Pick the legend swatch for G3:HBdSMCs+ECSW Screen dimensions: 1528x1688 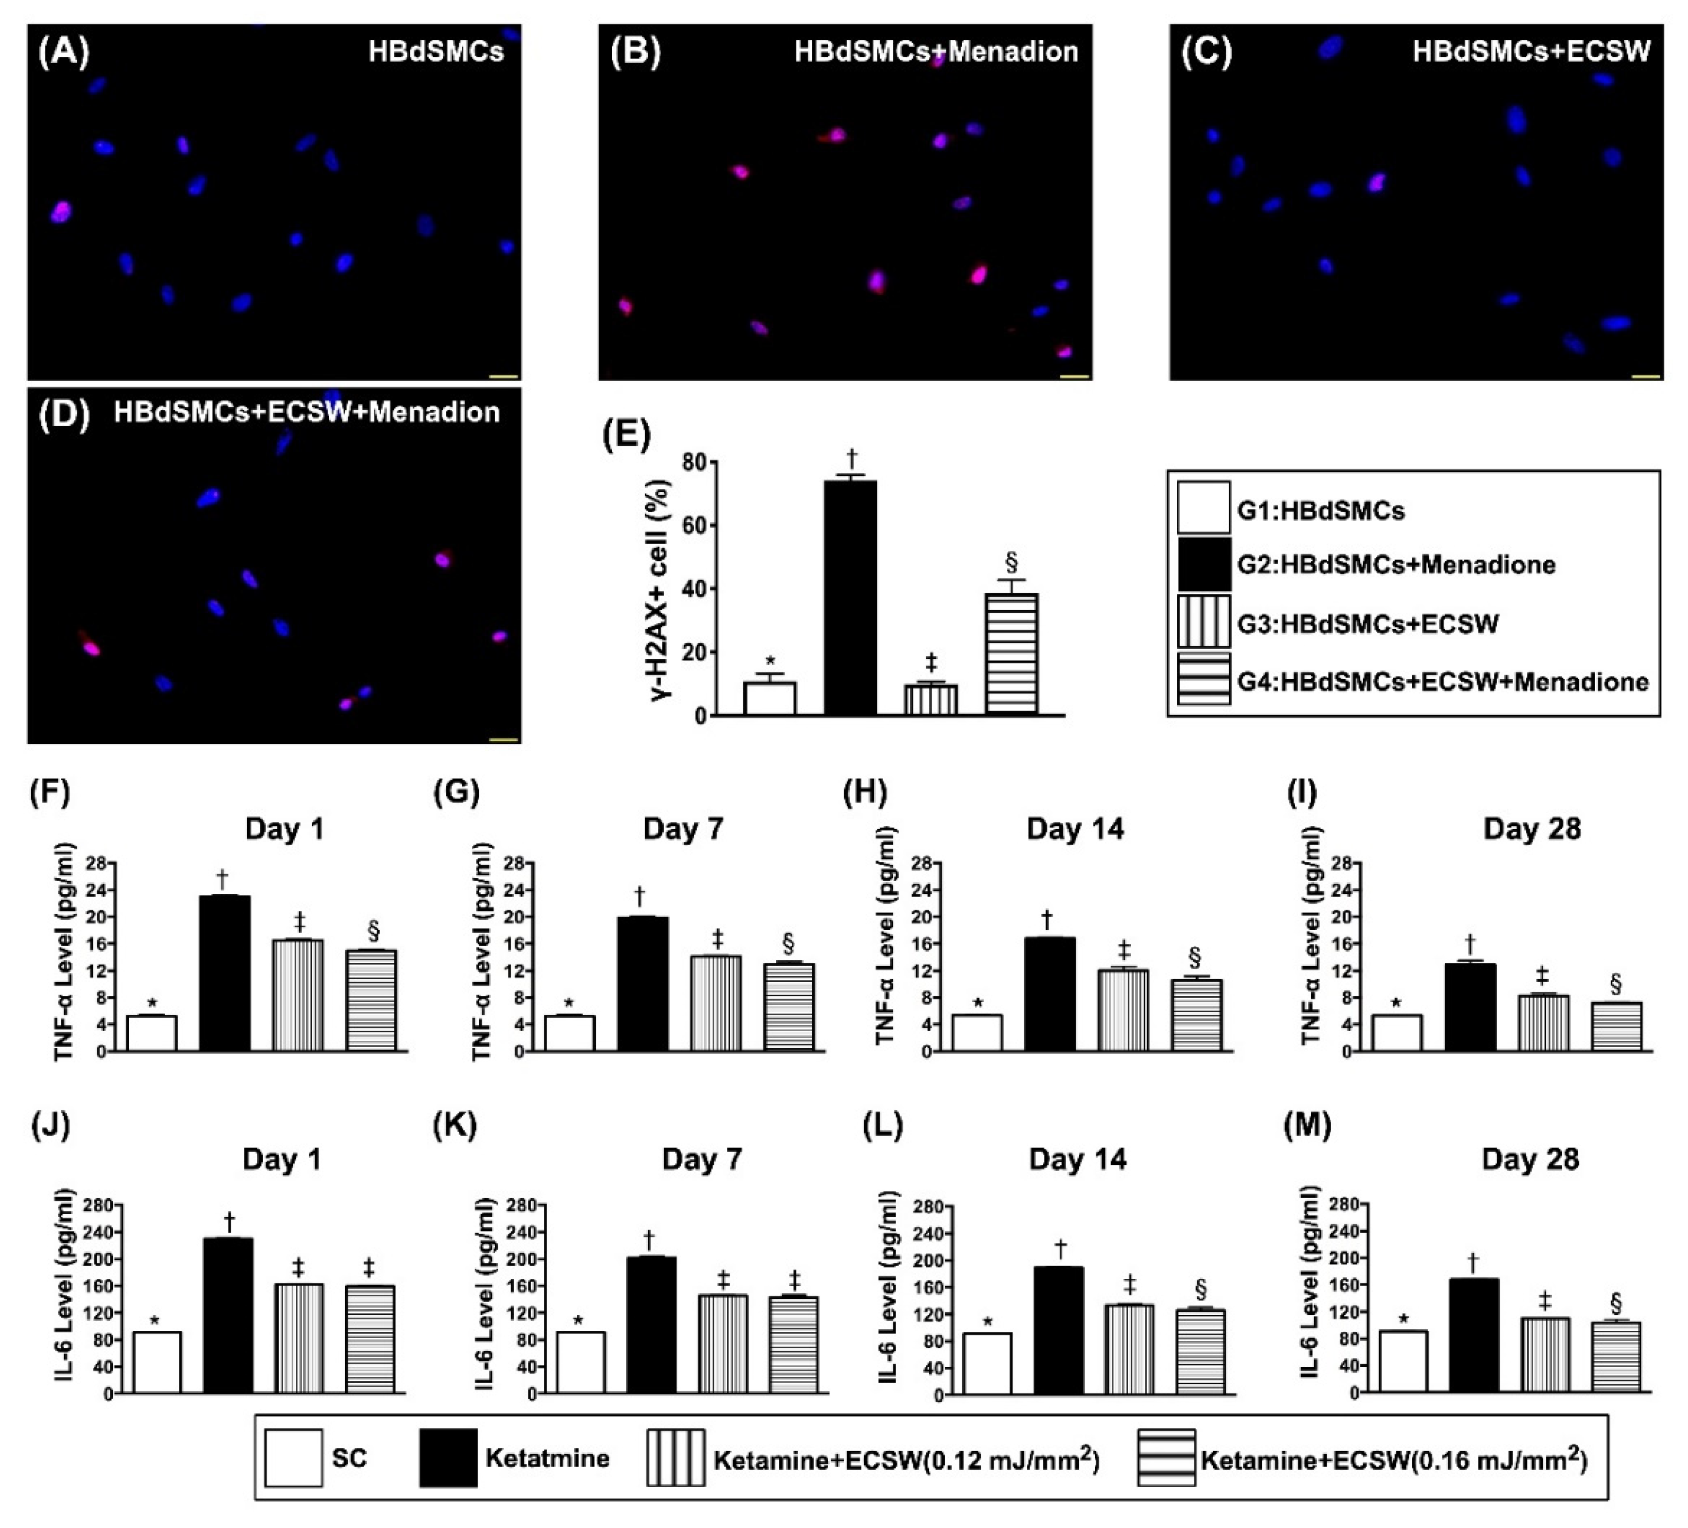[1203, 622]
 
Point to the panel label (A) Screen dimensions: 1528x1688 [64, 52]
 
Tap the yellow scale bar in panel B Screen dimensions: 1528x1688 [1074, 377]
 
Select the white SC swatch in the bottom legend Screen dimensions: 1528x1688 [293, 1457]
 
